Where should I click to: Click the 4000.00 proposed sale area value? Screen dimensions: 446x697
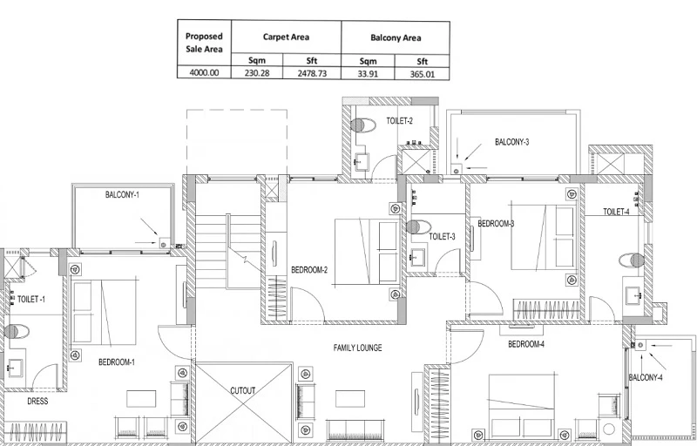tap(204, 75)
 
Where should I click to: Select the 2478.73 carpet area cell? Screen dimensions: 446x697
tap(312, 75)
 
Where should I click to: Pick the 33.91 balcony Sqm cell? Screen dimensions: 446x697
tap(368, 75)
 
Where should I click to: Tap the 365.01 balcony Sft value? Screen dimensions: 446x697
tap(421, 75)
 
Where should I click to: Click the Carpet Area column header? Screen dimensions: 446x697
tap(286, 37)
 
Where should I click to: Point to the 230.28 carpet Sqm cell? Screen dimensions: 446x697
tap(258, 75)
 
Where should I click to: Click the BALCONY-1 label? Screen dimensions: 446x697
tap(122, 195)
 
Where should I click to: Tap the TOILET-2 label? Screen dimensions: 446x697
tap(399, 122)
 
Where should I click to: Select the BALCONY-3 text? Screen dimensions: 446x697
tap(512, 142)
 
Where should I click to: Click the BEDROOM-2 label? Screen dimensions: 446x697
tap(309, 269)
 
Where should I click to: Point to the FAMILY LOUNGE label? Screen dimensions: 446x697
tap(357, 348)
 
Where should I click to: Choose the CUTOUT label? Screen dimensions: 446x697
tap(243, 391)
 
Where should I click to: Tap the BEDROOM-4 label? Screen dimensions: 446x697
tap(525, 344)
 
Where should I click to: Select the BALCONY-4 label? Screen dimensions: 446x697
tap(646, 377)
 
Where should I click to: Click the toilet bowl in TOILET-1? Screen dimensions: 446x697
tap(16, 330)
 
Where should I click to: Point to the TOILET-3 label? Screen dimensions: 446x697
tap(443, 236)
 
